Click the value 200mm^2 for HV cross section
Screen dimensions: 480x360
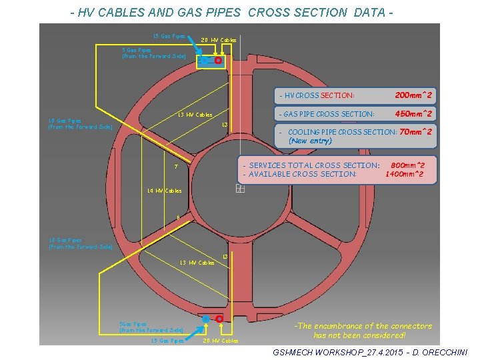click(x=413, y=95)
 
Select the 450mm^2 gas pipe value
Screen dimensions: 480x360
click(x=413, y=114)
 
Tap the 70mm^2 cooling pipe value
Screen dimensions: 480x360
click(x=415, y=131)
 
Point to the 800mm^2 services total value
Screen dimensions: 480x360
click(x=408, y=165)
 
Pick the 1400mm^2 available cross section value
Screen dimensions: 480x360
click(x=405, y=174)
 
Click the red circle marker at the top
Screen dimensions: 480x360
click(x=218, y=60)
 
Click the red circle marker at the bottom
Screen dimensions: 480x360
click(x=219, y=319)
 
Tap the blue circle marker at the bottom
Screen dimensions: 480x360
click(x=205, y=320)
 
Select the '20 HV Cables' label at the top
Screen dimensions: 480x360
click(x=219, y=40)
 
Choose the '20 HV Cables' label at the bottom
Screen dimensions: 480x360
click(x=221, y=341)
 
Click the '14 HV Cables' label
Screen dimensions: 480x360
click(x=164, y=191)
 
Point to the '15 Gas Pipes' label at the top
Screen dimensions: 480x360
click(x=169, y=36)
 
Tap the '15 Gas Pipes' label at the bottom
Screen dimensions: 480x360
click(x=167, y=341)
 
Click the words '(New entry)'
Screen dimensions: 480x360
click(x=310, y=141)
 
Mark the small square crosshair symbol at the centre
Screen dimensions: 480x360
click(x=241, y=189)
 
